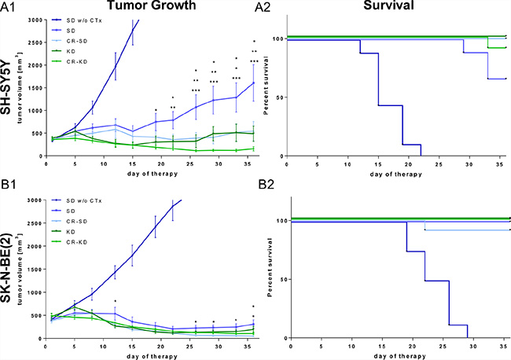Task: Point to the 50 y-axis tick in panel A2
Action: [x=278, y=97]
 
